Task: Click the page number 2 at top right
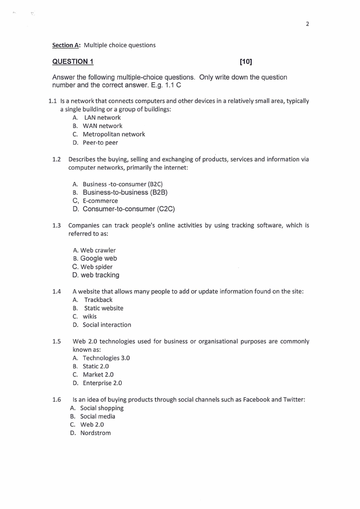(307, 24)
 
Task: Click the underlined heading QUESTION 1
(73, 62)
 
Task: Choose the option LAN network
(102, 117)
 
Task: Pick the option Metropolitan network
(114, 134)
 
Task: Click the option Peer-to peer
(100, 142)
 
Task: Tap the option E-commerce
(100, 201)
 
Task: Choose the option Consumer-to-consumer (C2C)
(129, 209)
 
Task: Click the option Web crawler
(98, 250)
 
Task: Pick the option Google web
(98, 259)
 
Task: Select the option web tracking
(100, 275)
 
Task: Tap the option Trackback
(98, 300)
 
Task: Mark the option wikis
(89, 317)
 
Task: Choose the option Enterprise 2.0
(102, 383)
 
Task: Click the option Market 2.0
(98, 375)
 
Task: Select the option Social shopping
(102, 408)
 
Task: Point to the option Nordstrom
(95, 433)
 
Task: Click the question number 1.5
(57, 341)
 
